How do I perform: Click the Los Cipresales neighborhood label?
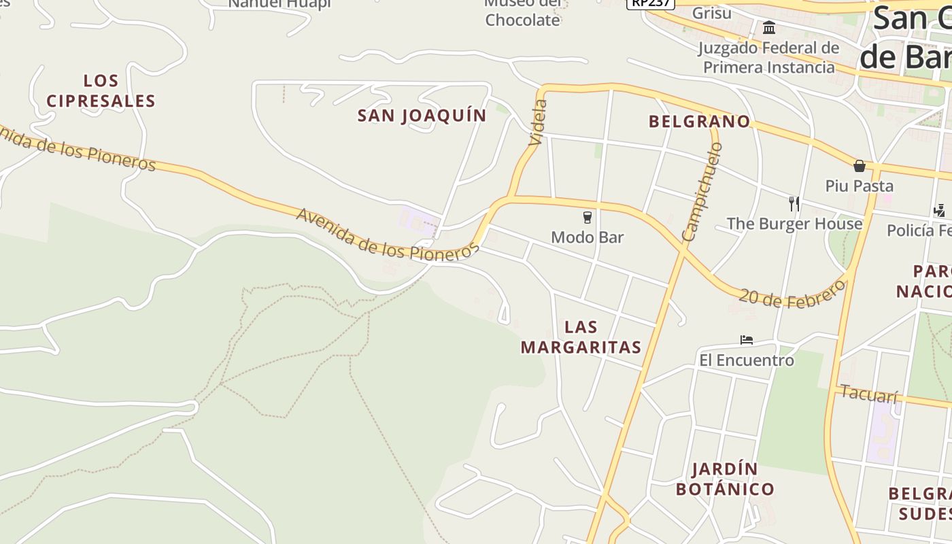(101, 91)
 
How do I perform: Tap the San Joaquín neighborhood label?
(422, 116)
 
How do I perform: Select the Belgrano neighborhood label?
(699, 122)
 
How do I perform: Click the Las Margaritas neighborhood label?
(581, 337)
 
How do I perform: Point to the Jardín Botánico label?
(725, 479)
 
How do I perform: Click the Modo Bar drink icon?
(588, 218)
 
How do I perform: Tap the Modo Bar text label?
(588, 237)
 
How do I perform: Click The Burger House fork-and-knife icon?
(794, 203)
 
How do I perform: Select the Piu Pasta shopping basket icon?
(860, 165)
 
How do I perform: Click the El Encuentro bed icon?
(747, 339)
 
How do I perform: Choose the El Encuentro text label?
(747, 360)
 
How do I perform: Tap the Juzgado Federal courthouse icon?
(769, 27)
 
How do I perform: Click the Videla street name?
(537, 122)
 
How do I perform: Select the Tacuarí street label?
(869, 394)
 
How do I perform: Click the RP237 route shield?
(650, 3)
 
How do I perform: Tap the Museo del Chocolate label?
(522, 14)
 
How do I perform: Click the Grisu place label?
(712, 13)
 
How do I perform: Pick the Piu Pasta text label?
(860, 186)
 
